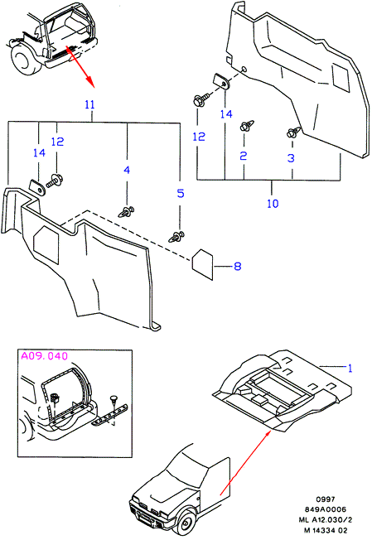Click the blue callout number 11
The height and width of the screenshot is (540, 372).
(89, 104)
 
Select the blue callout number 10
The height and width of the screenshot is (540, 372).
(273, 203)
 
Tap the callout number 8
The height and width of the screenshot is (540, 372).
(237, 266)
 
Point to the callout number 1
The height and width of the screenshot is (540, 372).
(350, 369)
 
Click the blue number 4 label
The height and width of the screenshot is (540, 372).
(127, 170)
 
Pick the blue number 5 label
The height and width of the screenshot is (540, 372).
(181, 193)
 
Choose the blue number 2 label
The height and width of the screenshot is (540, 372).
(244, 156)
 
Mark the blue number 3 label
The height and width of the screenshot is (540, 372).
(291, 157)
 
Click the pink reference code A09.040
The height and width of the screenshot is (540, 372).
(45, 356)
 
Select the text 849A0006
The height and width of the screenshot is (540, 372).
(325, 509)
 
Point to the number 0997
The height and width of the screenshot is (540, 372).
(325, 499)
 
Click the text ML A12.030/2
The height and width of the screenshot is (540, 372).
(325, 520)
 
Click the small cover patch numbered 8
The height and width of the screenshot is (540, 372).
(202, 264)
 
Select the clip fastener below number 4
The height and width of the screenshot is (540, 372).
(126, 212)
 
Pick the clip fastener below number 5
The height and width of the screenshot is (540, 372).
(176, 237)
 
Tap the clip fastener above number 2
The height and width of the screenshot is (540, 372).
(247, 126)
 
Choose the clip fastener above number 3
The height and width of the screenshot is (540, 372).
(293, 132)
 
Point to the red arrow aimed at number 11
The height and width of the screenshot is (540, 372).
(79, 65)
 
